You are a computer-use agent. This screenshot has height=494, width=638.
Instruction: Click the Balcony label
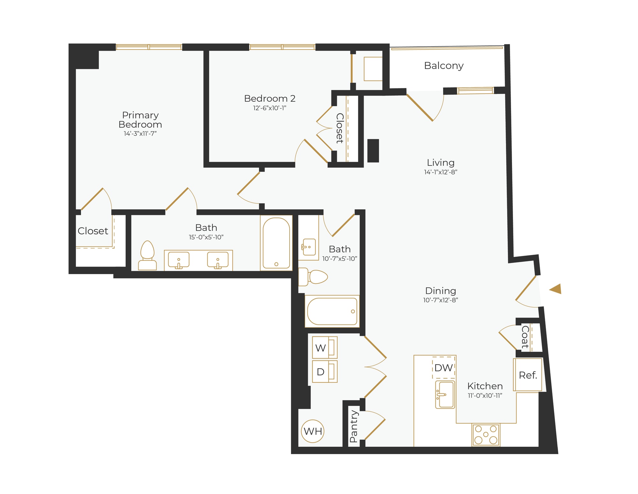443,66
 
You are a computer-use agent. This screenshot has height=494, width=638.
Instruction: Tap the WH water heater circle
313,431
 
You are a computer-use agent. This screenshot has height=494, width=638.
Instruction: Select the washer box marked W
324,347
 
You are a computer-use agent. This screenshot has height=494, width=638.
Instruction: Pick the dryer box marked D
324,371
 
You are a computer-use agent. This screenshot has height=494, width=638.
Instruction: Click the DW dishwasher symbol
443,367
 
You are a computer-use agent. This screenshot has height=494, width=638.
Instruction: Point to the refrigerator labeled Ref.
528,375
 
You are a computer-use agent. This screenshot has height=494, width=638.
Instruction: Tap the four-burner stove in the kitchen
486,435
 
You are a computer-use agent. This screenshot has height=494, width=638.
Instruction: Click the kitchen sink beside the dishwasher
445,394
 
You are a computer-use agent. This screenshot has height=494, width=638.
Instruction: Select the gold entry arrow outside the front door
556,289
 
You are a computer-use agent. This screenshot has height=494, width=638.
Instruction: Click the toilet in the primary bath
147,256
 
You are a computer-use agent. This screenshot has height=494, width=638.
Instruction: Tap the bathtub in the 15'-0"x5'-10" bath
276,243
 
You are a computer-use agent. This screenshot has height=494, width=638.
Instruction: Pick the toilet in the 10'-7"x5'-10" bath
313,277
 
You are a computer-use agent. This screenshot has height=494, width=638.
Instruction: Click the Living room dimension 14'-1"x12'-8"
441,172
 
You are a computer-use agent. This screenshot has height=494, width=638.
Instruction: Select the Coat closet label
525,337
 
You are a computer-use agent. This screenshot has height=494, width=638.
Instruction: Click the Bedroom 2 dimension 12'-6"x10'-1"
270,108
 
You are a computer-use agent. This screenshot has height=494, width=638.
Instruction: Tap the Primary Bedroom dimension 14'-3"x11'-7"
140,134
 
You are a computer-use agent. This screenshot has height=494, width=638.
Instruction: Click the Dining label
441,291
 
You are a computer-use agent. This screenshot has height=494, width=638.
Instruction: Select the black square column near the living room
373,151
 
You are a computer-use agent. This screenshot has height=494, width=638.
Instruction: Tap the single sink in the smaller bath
309,247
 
